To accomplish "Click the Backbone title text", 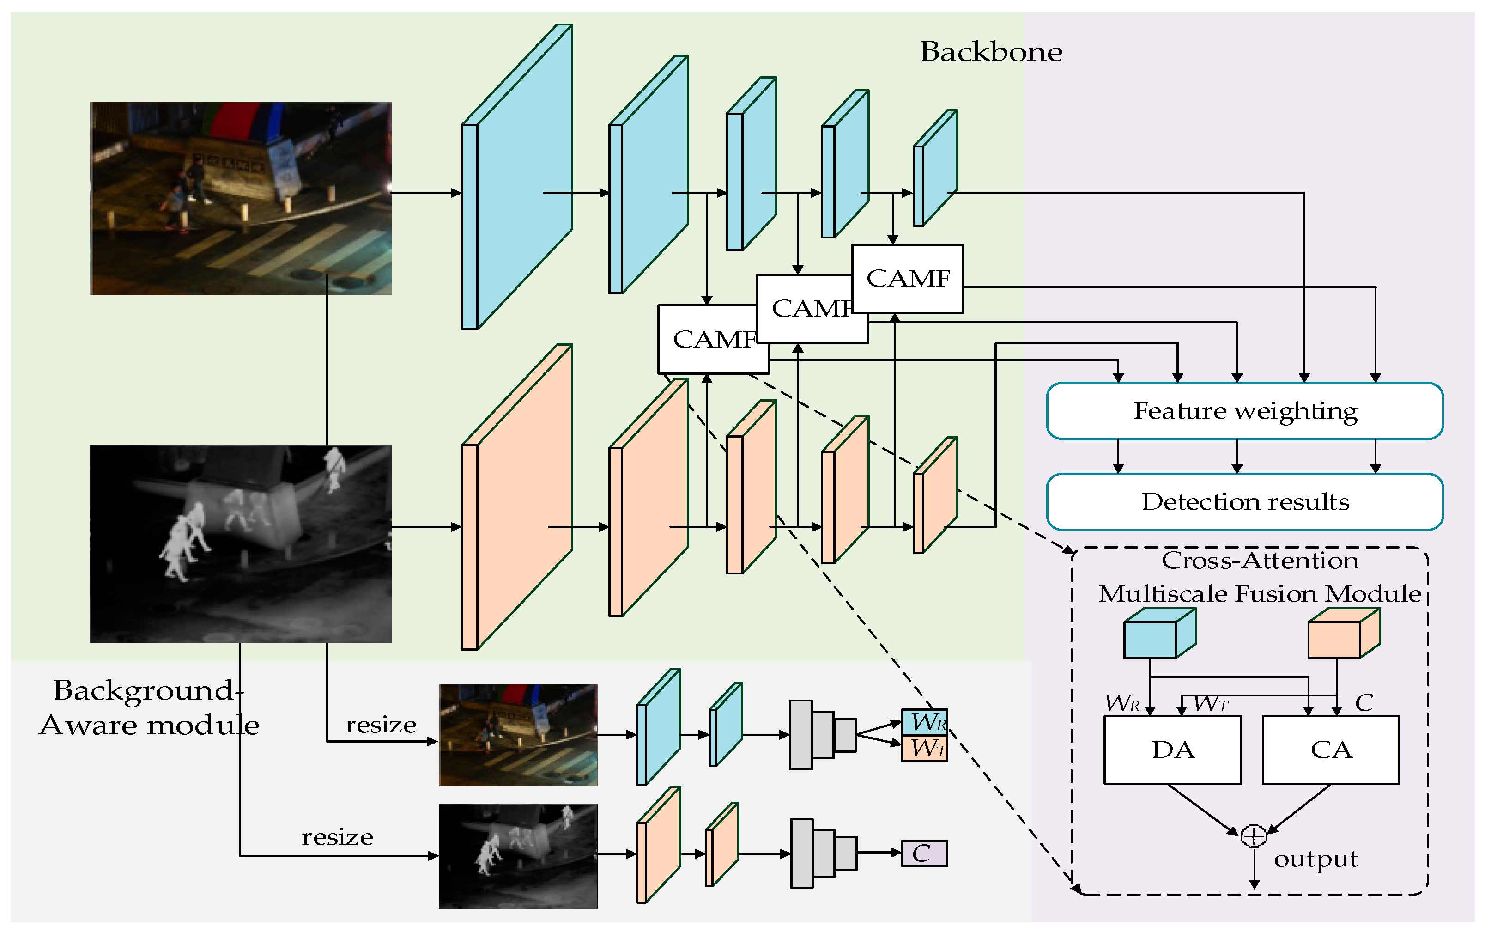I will click(991, 52).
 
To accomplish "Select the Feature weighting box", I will click(1244, 411).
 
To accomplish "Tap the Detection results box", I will click(1244, 502).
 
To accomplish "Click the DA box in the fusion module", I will click(1172, 750).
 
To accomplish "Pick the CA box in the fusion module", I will click(1331, 750).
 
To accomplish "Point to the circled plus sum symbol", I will click(1253, 835).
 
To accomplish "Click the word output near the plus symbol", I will click(1315, 859).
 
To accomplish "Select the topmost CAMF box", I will click(907, 278).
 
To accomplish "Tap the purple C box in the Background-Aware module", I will click(924, 854).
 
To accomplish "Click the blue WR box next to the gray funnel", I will click(924, 721).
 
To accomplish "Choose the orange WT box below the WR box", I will click(924, 749).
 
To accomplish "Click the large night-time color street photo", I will click(241, 198).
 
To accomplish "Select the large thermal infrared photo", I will click(241, 543).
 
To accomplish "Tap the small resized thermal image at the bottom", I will click(518, 856).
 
